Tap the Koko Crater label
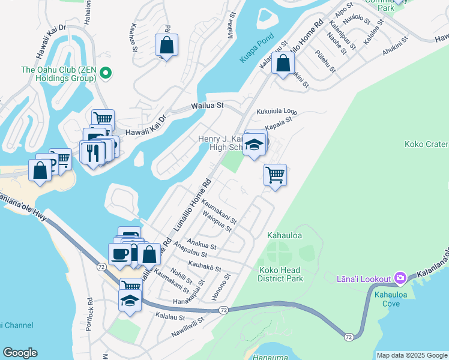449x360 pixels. tap(426, 144)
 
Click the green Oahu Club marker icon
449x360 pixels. tap(106, 74)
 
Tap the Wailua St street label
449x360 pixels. tap(207, 105)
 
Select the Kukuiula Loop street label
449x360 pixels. tap(277, 112)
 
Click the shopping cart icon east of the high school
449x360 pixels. tap(275, 175)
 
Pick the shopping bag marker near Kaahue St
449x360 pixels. tap(166, 45)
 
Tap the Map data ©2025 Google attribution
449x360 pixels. tap(412, 355)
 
